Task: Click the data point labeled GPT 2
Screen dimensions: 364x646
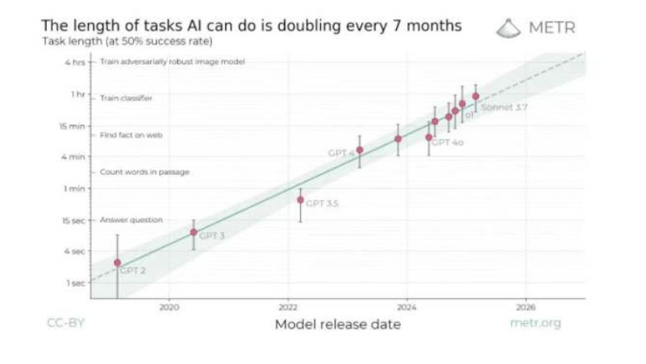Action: point(118,263)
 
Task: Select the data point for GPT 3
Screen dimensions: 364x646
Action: point(194,232)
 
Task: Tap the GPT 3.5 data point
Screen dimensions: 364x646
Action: point(300,200)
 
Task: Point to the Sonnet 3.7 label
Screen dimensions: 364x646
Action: point(503,106)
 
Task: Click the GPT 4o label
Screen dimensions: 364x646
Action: point(448,142)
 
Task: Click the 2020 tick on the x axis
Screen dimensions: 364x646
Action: point(169,307)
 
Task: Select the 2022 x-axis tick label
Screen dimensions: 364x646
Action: point(289,307)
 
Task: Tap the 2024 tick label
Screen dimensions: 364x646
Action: point(406,307)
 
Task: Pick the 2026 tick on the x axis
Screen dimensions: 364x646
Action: point(525,307)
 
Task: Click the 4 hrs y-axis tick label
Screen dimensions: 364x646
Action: point(74,62)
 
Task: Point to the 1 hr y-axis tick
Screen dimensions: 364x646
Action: point(77,95)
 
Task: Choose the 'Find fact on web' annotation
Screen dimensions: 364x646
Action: point(131,135)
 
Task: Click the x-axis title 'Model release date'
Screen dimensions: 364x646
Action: point(337,325)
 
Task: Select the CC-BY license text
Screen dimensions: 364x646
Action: point(65,324)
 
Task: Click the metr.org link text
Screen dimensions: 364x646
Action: point(535,324)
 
